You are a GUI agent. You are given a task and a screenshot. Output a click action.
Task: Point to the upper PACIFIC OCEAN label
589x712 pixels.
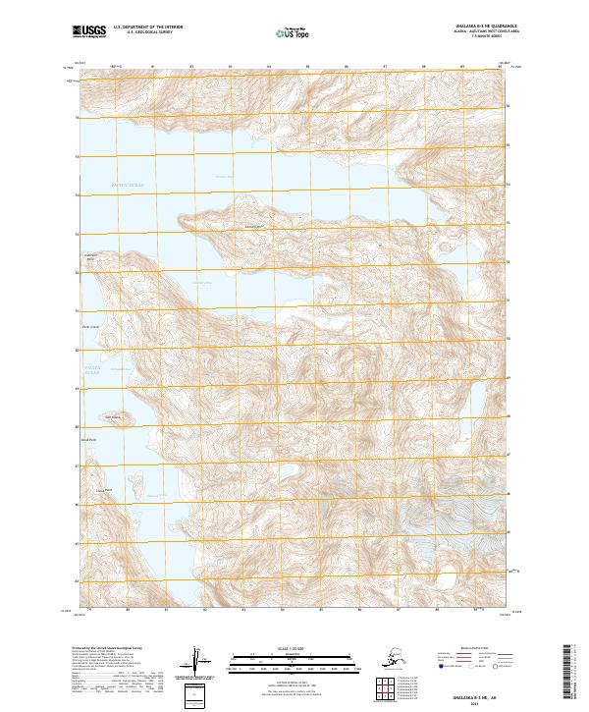pos(125,184)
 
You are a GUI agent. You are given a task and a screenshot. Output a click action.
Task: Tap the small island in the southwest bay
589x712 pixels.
pos(112,417)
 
